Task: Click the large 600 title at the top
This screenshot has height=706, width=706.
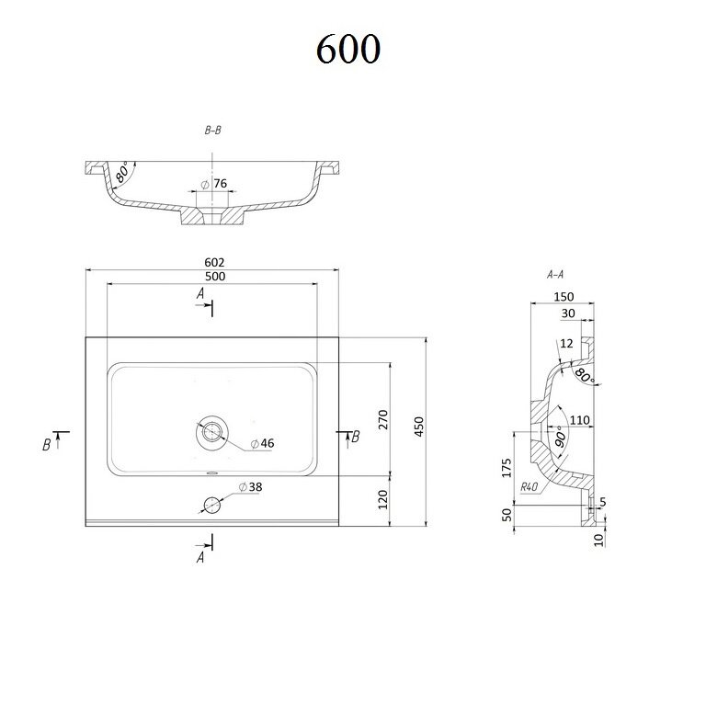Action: point(348,49)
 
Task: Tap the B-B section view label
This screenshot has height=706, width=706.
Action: point(213,131)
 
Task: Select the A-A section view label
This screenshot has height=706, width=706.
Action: point(555,274)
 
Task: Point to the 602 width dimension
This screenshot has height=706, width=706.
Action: point(214,262)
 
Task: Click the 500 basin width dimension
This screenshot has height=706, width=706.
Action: point(215,277)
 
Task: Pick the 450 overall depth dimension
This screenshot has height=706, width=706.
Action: point(419,427)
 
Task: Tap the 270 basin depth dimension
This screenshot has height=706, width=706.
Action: point(382,419)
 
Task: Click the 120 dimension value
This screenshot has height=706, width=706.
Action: point(382,499)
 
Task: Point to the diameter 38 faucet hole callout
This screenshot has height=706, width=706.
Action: point(250,486)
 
